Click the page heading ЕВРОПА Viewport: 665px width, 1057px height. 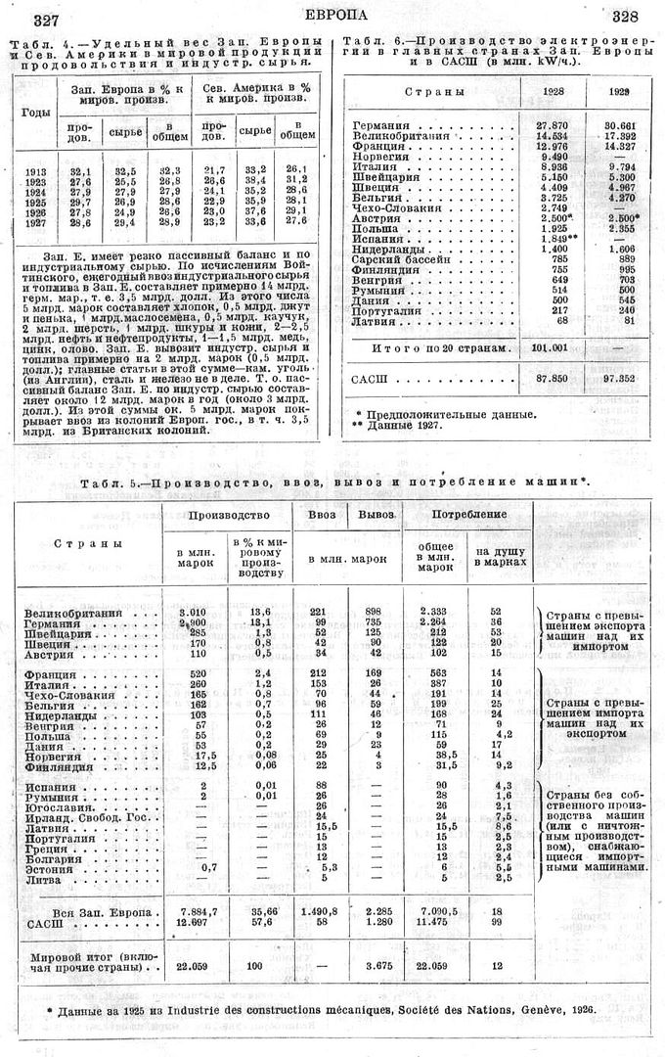[335, 14]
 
